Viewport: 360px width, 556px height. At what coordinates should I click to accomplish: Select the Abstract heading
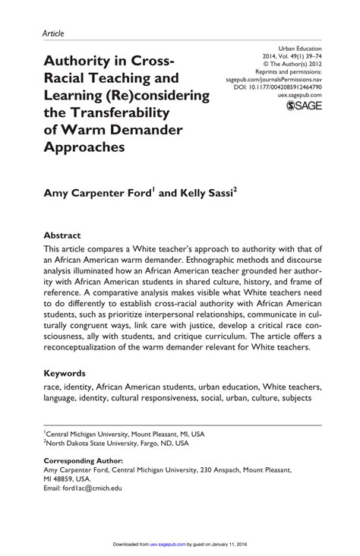pos(62,235)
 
